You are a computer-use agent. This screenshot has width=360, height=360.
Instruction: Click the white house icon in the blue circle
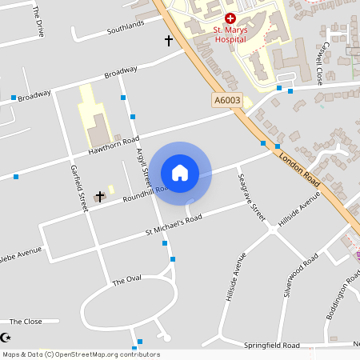pyautogui.click(x=180, y=172)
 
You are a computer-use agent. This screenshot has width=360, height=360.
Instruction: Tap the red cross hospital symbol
pyautogui.click(x=230, y=18)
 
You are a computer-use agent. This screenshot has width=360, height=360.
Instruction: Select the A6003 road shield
pyautogui.click(x=227, y=100)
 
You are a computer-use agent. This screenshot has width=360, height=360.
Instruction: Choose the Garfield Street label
pyautogui.click(x=78, y=188)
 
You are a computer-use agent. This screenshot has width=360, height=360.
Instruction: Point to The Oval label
pyautogui.click(x=126, y=281)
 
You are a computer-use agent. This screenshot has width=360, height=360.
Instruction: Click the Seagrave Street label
pyautogui.click(x=251, y=195)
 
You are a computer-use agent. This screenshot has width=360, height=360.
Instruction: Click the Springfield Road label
pyautogui.click(x=272, y=345)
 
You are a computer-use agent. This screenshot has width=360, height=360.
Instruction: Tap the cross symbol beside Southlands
pyautogui.click(x=168, y=39)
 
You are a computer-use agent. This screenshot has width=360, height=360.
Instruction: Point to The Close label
pyautogui.click(x=26, y=321)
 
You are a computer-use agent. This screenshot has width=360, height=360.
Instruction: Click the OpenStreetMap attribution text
pyautogui.click(x=81, y=354)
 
